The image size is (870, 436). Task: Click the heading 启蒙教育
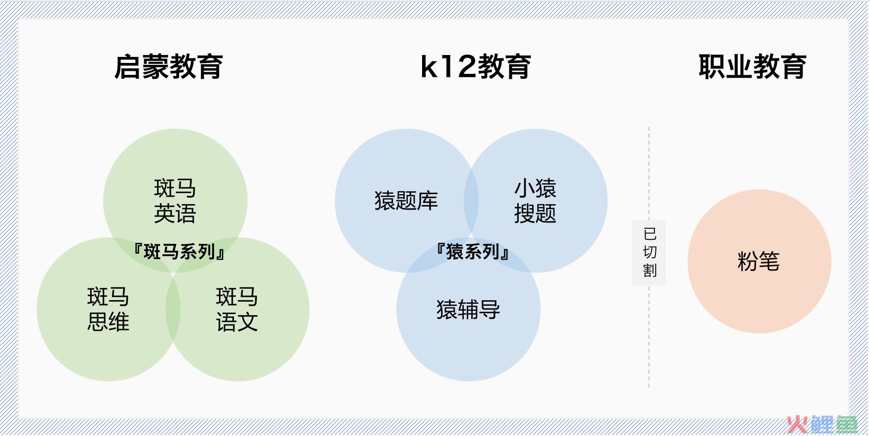[168, 66]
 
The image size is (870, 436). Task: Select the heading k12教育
[476, 66]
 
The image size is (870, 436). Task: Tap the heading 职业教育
[753, 66]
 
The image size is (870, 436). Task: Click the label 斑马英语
[175, 201]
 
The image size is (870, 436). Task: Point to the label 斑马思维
[108, 309]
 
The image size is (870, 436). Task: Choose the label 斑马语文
[237, 309]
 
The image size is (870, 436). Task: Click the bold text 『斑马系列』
[179, 252]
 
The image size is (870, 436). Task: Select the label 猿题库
[406, 201]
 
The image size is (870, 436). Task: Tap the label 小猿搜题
[535, 201]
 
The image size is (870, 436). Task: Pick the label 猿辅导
[468, 310]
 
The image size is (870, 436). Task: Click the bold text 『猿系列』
[473, 252]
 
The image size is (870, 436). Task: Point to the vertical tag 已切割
[649, 253]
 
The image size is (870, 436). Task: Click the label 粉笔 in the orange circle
[759, 261]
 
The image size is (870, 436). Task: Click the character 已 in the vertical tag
[650, 233]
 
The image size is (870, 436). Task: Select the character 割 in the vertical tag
[650, 271]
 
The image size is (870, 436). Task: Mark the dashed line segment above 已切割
[649, 173]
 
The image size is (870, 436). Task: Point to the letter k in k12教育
[429, 67]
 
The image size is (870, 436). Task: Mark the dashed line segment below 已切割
[649, 336]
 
